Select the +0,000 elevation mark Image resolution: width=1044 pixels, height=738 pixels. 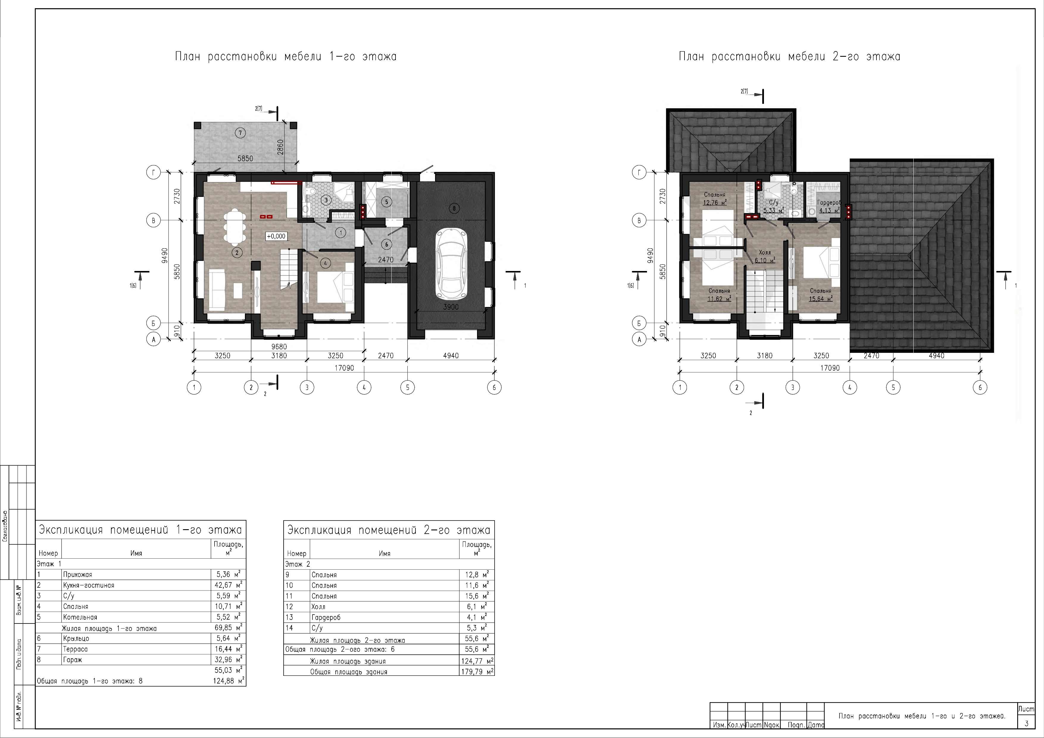pos(276,236)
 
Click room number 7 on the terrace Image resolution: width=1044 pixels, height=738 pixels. pos(240,133)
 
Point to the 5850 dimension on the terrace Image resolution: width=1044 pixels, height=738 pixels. pos(245,159)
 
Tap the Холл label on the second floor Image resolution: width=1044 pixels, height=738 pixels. pos(765,252)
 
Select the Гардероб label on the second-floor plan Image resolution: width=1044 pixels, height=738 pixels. pos(829,203)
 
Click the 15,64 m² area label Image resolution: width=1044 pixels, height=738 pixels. pos(821,299)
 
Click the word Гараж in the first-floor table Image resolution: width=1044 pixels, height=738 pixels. pos(73,660)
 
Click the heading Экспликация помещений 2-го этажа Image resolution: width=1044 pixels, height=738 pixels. pos(389,530)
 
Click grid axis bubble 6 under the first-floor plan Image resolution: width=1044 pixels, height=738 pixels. pos(494,388)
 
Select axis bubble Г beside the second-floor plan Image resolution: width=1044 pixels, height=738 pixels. pos(639,172)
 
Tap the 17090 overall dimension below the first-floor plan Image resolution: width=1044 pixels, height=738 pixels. pos(344,368)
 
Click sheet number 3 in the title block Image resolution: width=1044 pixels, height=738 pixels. pos(1026,723)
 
